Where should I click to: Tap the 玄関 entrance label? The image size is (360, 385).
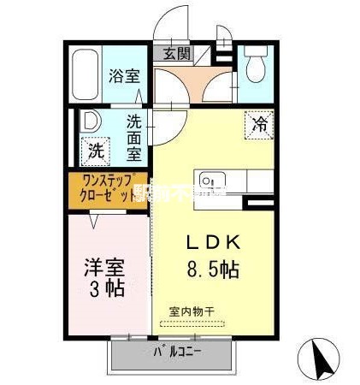click(x=177, y=53)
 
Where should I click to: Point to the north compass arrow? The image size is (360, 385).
click(x=322, y=357)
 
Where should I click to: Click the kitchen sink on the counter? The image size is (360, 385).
click(x=211, y=181)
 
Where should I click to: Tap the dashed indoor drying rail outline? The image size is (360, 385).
click(x=193, y=324)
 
